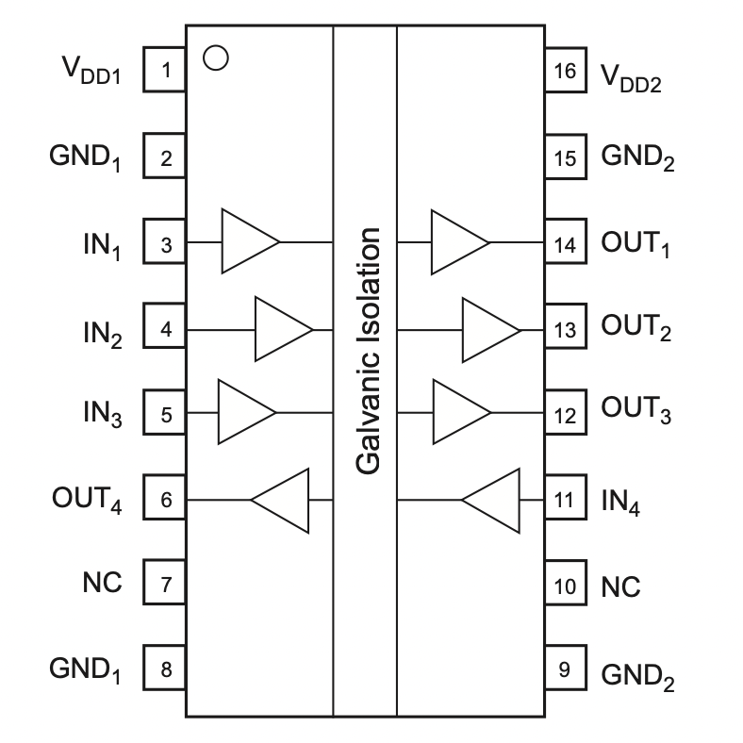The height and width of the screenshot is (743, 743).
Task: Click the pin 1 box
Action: coord(165,70)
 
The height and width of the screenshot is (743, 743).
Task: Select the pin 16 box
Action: coord(565,70)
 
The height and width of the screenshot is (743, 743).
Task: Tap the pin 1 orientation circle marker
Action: coord(215,58)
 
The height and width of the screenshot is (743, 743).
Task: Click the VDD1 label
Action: coord(92,72)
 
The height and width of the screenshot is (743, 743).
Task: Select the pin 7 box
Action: coord(165,585)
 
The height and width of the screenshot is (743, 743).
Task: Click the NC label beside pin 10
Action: coord(621,586)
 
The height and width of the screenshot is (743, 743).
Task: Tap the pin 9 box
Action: coord(565,669)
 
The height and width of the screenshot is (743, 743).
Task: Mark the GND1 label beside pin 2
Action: coord(86,158)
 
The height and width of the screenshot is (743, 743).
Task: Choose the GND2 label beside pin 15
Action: coord(638,158)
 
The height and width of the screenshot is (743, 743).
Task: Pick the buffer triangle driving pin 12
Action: coord(460,412)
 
